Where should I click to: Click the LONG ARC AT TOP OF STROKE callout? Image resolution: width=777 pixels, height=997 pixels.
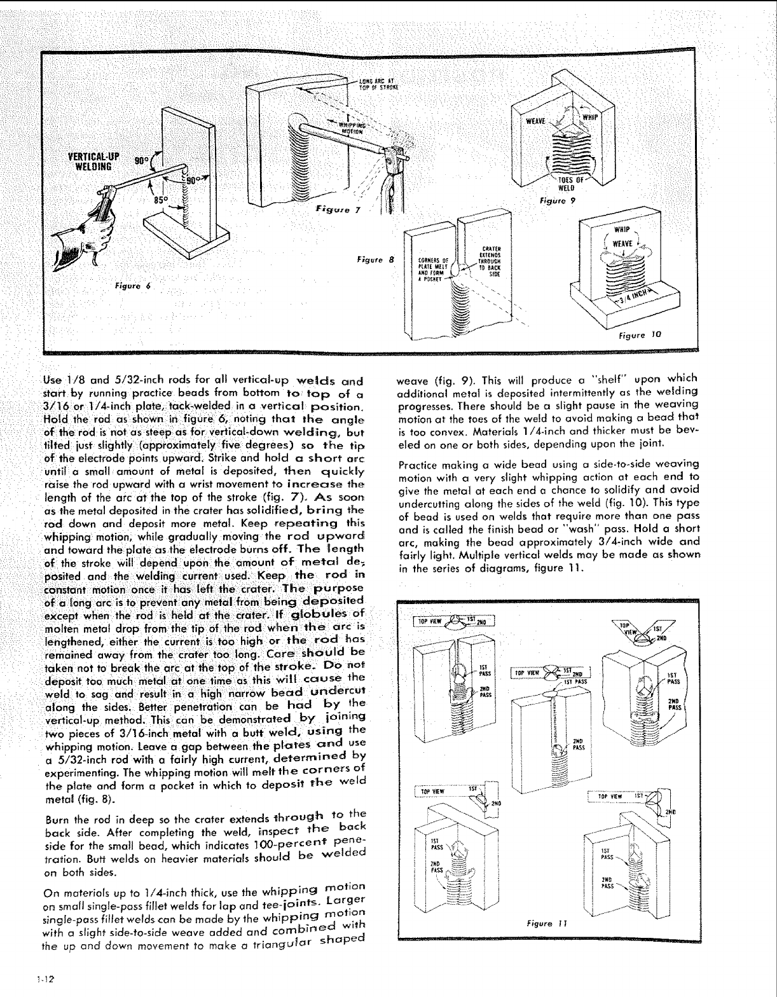point(378,83)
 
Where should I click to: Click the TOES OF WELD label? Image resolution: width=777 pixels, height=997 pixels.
point(566,183)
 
